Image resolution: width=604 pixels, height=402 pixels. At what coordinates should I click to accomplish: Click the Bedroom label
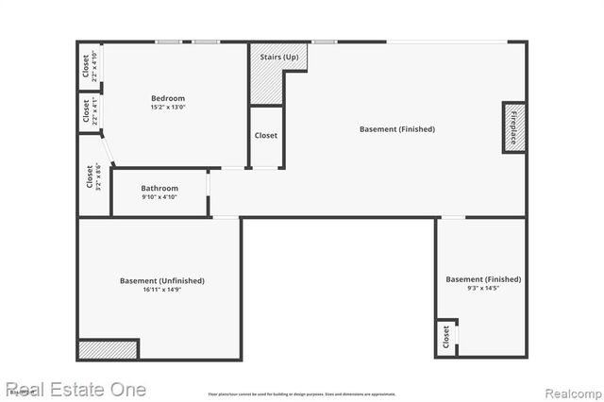168,98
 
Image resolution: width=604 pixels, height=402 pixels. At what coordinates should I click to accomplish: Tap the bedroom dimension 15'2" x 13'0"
168,107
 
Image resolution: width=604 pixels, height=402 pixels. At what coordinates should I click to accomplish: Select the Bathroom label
159,188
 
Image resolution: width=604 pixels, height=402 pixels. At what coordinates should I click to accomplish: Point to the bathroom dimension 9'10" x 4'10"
159,196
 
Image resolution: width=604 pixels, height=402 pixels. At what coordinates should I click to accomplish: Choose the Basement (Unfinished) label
161,280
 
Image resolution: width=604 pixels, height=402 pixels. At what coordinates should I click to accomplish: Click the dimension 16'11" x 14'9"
161,289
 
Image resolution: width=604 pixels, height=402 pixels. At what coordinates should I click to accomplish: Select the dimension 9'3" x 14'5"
482,288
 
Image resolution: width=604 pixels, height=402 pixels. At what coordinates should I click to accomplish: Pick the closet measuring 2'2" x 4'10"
89,66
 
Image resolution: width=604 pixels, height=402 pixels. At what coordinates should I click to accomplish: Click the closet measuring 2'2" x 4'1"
89,111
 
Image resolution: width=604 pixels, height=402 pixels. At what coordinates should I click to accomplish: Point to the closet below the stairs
266,136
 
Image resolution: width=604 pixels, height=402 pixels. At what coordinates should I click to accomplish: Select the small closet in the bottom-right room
445,337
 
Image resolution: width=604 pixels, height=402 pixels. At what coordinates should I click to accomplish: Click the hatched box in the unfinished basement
108,349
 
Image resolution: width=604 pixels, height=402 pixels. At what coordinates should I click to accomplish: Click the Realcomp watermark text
571,390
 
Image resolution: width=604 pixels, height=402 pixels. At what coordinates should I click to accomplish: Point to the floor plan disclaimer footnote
302,394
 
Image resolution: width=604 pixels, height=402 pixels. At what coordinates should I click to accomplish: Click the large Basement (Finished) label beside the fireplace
397,128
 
